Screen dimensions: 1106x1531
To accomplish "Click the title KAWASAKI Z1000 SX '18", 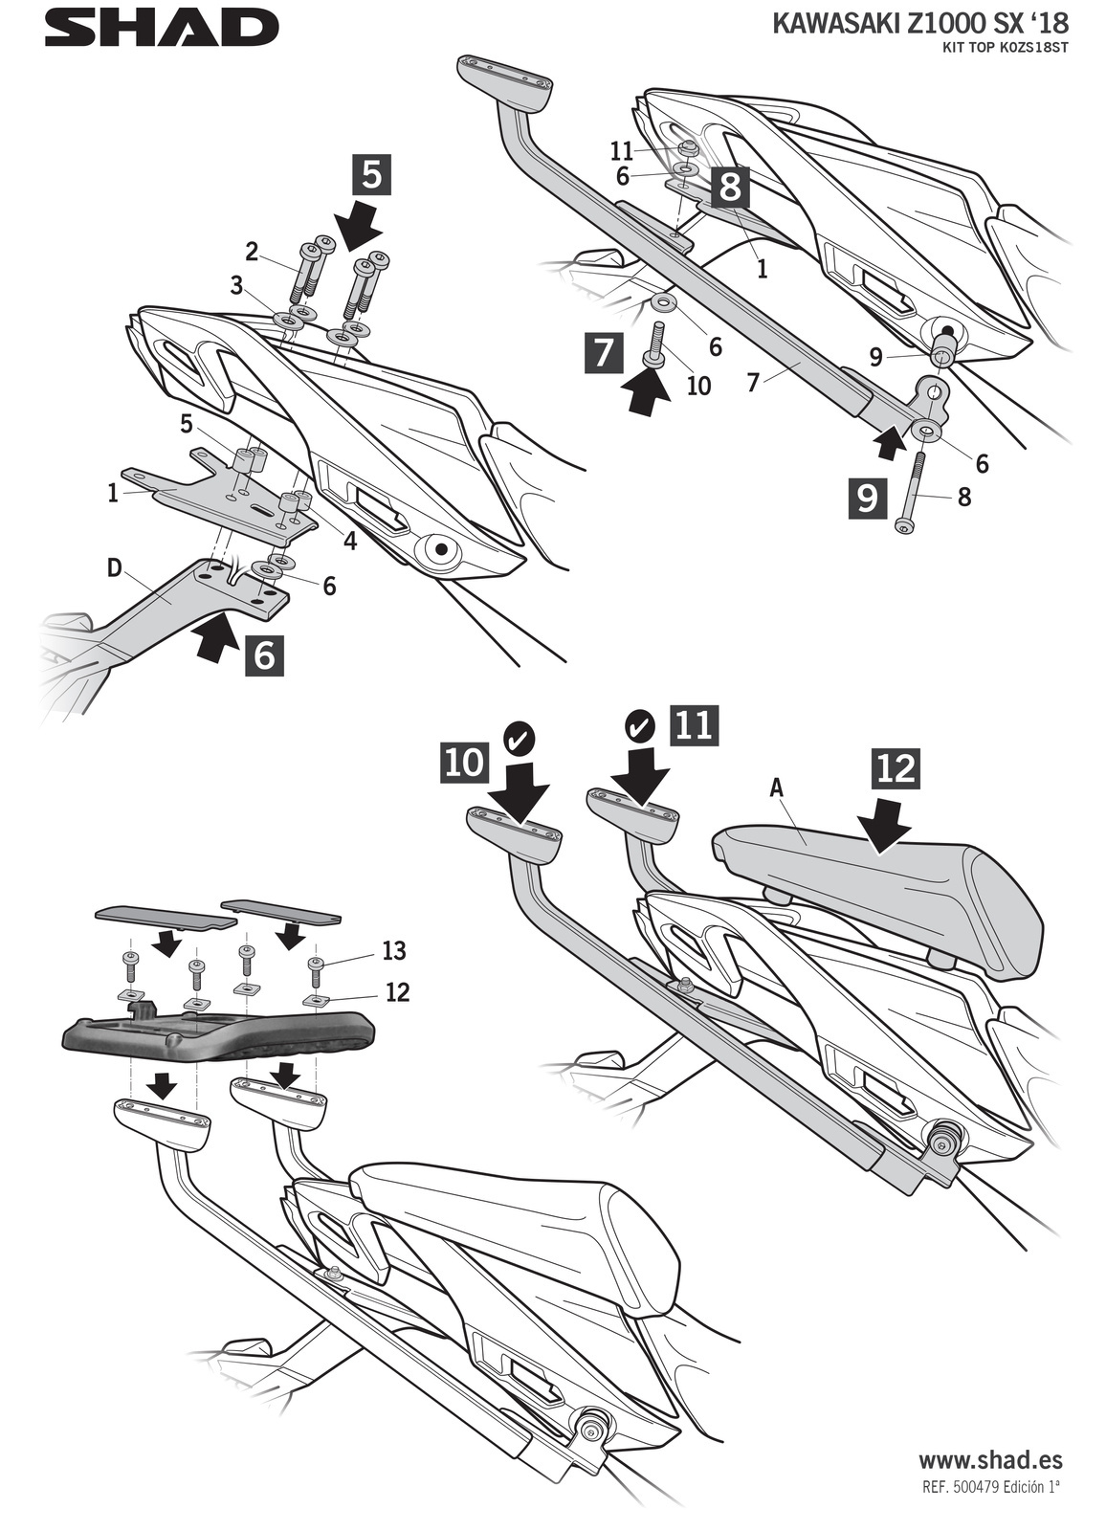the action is pyautogui.click(x=918, y=24).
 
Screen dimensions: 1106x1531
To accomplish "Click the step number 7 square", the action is pyautogui.click(x=604, y=354).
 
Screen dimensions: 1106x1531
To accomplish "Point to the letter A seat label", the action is pyautogui.click(x=777, y=788).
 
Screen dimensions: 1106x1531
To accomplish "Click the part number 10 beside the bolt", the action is pyautogui.click(x=697, y=387).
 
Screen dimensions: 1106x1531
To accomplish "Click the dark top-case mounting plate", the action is pyautogui.click(x=217, y=1034).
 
